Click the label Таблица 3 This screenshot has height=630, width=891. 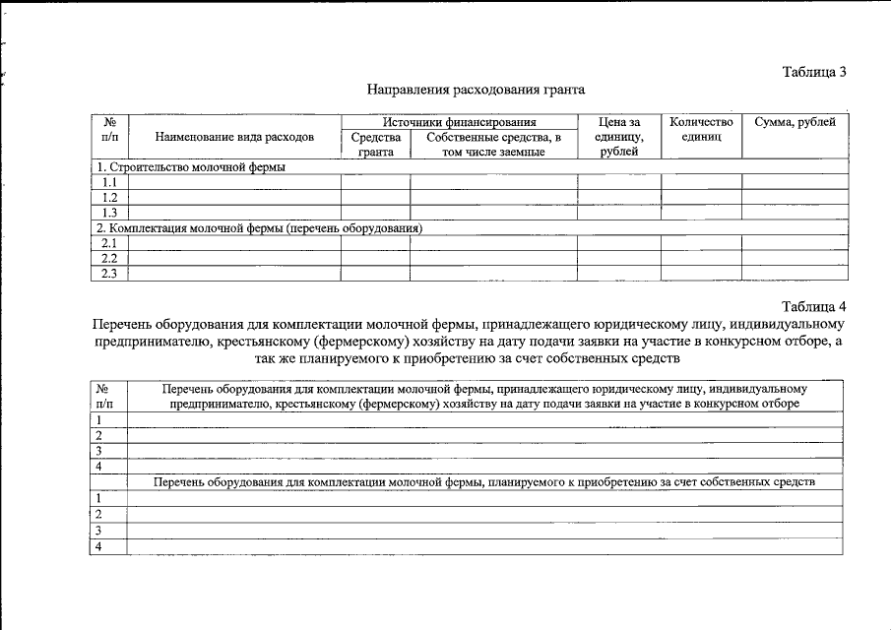pyautogui.click(x=814, y=72)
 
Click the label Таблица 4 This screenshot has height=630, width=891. pyautogui.click(x=814, y=305)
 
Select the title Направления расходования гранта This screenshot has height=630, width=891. pyautogui.click(x=476, y=90)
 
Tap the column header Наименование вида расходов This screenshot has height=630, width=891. pyautogui.click(x=234, y=138)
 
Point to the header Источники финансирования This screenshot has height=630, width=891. pyautogui.click(x=459, y=122)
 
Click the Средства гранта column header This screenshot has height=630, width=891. pyautogui.click(x=375, y=145)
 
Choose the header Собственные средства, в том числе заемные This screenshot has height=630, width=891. pyautogui.click(x=493, y=145)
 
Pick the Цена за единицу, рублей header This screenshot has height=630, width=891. pyautogui.click(x=618, y=137)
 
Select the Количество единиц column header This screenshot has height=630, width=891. pyautogui.click(x=700, y=130)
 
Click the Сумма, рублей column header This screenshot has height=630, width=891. pyautogui.click(x=794, y=122)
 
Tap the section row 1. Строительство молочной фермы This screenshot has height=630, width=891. pyautogui.click(x=191, y=167)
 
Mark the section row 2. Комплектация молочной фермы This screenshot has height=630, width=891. pyautogui.click(x=260, y=228)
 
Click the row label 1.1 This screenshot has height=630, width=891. pyautogui.click(x=110, y=182)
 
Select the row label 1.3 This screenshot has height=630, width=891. pyautogui.click(x=110, y=213)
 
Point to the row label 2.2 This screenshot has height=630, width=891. pyautogui.click(x=110, y=258)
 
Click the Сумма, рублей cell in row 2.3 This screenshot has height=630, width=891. pyautogui.click(x=794, y=274)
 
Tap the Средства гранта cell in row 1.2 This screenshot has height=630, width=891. pyautogui.click(x=375, y=198)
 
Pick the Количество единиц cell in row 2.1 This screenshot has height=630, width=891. pyautogui.click(x=700, y=243)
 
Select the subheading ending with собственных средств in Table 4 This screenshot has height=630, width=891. pyautogui.click(x=483, y=482)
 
